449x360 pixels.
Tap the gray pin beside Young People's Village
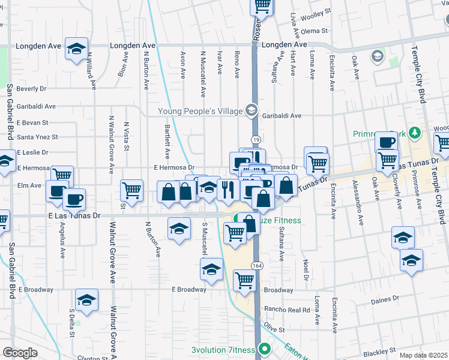[252, 110]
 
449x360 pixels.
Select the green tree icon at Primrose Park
[414, 133]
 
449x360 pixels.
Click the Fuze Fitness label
[276, 220]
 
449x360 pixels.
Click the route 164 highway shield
[257, 266]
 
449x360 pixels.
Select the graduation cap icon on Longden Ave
[76, 49]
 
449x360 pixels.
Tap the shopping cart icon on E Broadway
[244, 280]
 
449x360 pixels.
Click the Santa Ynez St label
[37, 137]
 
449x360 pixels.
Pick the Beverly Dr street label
[31, 89]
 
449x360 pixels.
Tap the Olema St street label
[315, 31]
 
